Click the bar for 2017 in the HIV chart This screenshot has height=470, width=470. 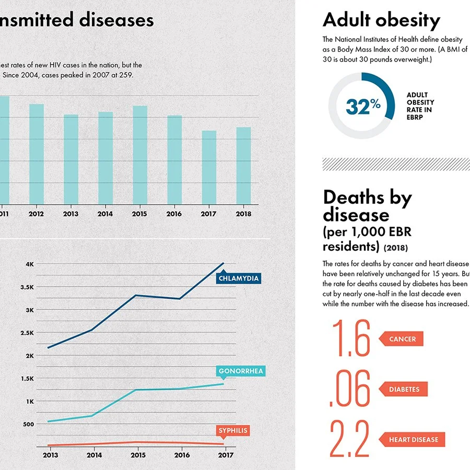click(x=209, y=167)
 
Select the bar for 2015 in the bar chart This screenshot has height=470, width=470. click(x=140, y=155)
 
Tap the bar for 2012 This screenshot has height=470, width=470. click(x=37, y=154)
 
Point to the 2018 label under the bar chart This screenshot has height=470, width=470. click(x=243, y=214)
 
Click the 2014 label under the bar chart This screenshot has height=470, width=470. click(x=105, y=214)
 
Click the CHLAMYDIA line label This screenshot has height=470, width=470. click(x=238, y=278)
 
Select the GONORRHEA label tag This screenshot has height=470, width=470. click(x=241, y=372)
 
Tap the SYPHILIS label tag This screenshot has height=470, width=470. click(x=233, y=431)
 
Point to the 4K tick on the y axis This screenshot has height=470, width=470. click(x=30, y=264)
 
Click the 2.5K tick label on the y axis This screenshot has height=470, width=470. click(x=27, y=333)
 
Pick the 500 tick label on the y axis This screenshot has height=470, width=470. click(x=29, y=424)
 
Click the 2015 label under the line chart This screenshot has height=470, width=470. click(x=138, y=455)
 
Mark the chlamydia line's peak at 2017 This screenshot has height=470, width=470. click(x=224, y=263)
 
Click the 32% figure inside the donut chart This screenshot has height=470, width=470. click(x=363, y=107)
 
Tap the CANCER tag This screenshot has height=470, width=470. click(x=401, y=339)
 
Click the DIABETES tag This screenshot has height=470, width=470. click(x=403, y=389)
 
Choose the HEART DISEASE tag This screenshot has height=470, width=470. click(x=412, y=439)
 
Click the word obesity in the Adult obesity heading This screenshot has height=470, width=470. click(x=408, y=20)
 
